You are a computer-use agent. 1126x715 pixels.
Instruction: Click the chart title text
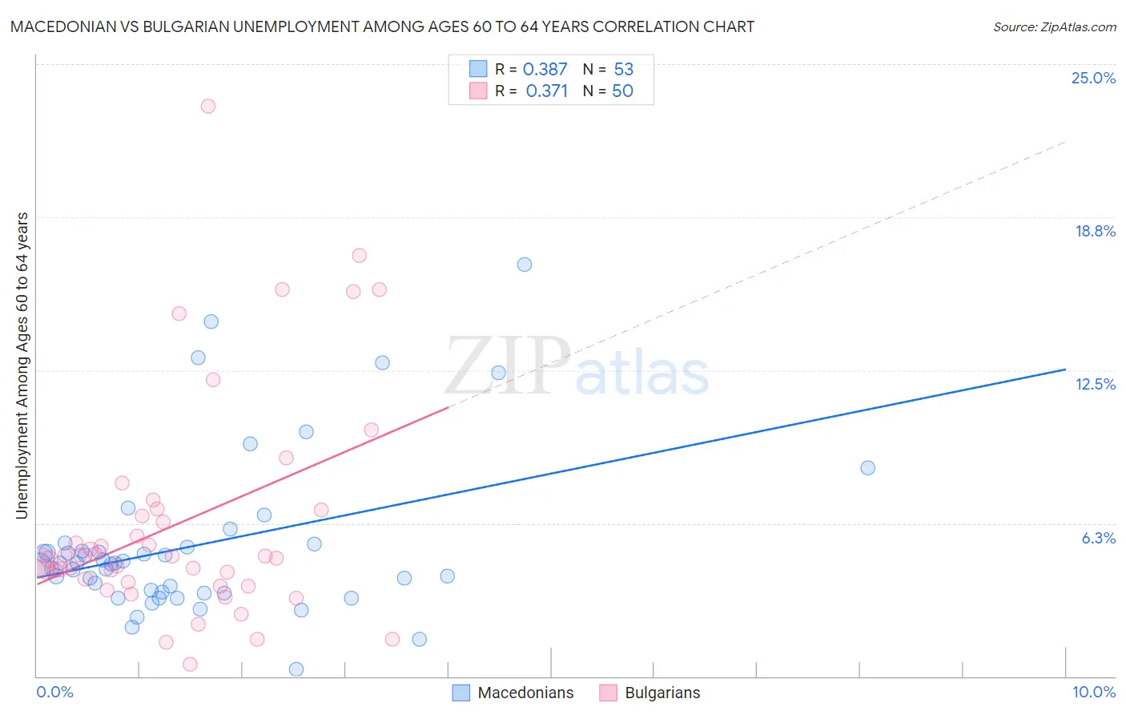click(382, 26)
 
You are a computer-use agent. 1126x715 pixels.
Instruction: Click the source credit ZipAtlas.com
click(1054, 26)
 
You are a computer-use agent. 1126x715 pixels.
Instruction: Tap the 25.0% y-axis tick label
click(1093, 78)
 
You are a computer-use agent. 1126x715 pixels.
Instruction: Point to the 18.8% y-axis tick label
click(1095, 231)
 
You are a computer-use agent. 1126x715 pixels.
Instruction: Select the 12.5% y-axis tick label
click(1095, 384)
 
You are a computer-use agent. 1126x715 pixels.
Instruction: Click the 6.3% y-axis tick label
click(1098, 538)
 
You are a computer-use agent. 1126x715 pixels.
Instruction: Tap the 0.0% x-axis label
click(54, 692)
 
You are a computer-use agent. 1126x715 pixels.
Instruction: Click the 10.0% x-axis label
click(1093, 692)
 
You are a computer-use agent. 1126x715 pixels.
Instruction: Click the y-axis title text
click(22, 365)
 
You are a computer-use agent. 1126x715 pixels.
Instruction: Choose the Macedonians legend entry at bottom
click(513, 693)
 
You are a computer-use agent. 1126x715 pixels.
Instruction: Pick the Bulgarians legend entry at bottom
click(650, 693)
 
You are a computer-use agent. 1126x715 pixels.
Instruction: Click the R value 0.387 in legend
click(545, 70)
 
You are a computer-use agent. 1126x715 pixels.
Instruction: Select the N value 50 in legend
click(622, 91)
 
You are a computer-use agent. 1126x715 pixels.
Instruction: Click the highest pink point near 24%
click(208, 106)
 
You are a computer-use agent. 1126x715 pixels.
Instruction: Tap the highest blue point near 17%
click(525, 265)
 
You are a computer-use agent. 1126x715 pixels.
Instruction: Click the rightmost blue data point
click(867, 468)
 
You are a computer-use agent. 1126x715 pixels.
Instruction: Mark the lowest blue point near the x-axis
click(296, 669)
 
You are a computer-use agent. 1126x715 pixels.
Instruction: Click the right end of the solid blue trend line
click(1065, 370)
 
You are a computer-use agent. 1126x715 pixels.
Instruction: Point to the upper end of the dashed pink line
click(1065, 142)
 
